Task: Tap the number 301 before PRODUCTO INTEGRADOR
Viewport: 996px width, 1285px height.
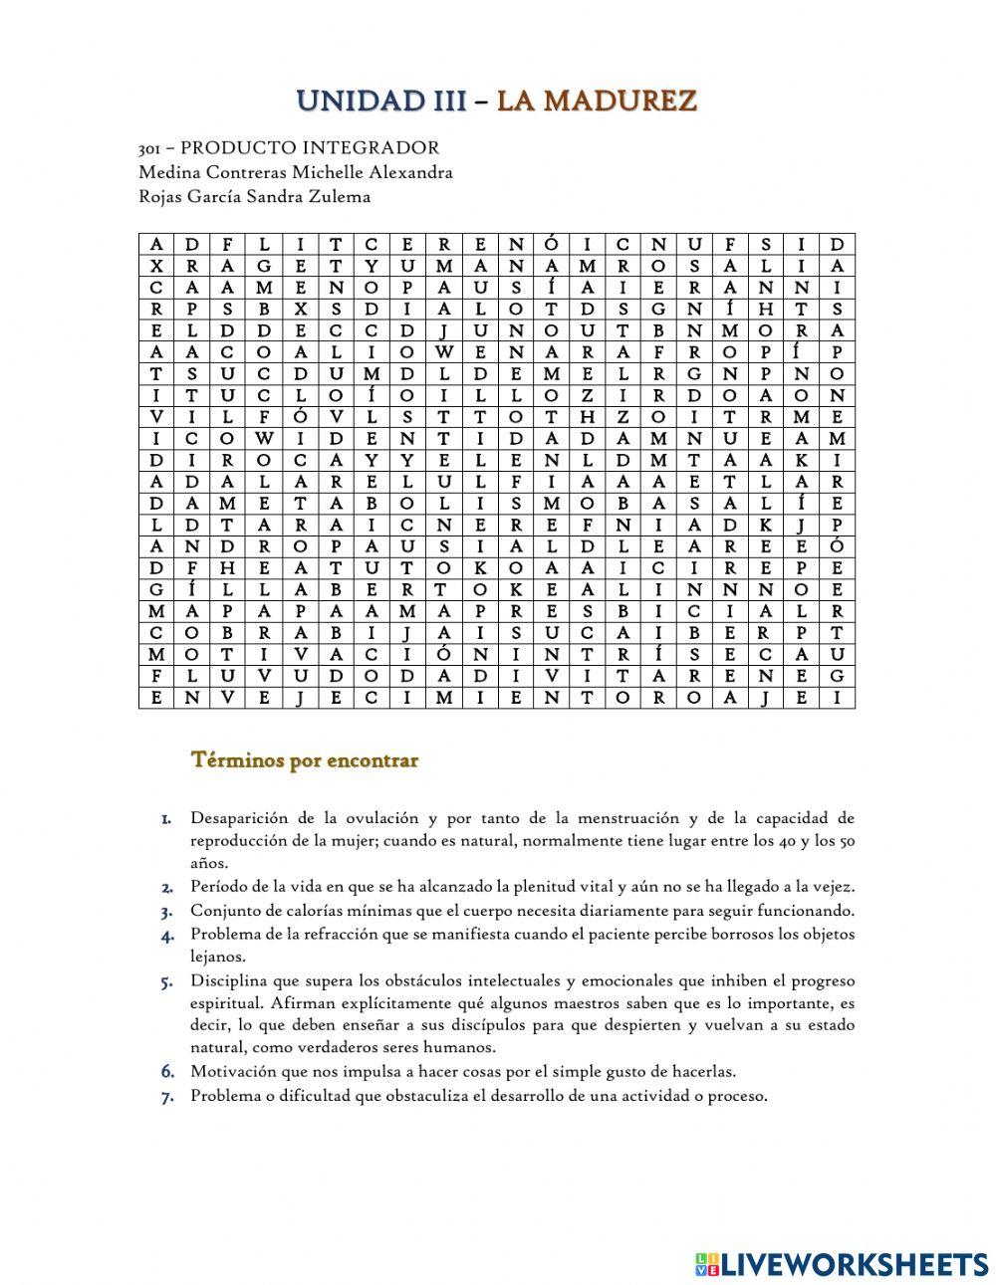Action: pyautogui.click(x=149, y=148)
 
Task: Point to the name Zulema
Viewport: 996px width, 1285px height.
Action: pyautogui.click(x=344, y=196)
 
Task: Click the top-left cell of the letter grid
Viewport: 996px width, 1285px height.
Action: pyautogui.click(x=155, y=245)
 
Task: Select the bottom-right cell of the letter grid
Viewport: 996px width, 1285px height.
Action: pyautogui.click(x=838, y=698)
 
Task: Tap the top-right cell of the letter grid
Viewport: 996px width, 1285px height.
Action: pyautogui.click(x=838, y=245)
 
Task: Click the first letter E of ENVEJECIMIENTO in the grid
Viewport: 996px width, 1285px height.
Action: pyautogui.click(x=155, y=698)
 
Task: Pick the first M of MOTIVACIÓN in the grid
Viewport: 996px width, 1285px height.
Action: pyautogui.click(x=155, y=654)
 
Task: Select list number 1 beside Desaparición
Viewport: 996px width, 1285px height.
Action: pyautogui.click(x=167, y=819)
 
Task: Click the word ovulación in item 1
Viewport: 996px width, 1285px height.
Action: pyautogui.click(x=382, y=819)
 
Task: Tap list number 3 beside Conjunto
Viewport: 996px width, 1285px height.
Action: pyautogui.click(x=167, y=911)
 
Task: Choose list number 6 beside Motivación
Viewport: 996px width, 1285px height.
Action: pyautogui.click(x=167, y=1072)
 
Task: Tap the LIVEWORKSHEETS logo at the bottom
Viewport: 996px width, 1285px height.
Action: pyautogui.click(x=842, y=1263)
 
